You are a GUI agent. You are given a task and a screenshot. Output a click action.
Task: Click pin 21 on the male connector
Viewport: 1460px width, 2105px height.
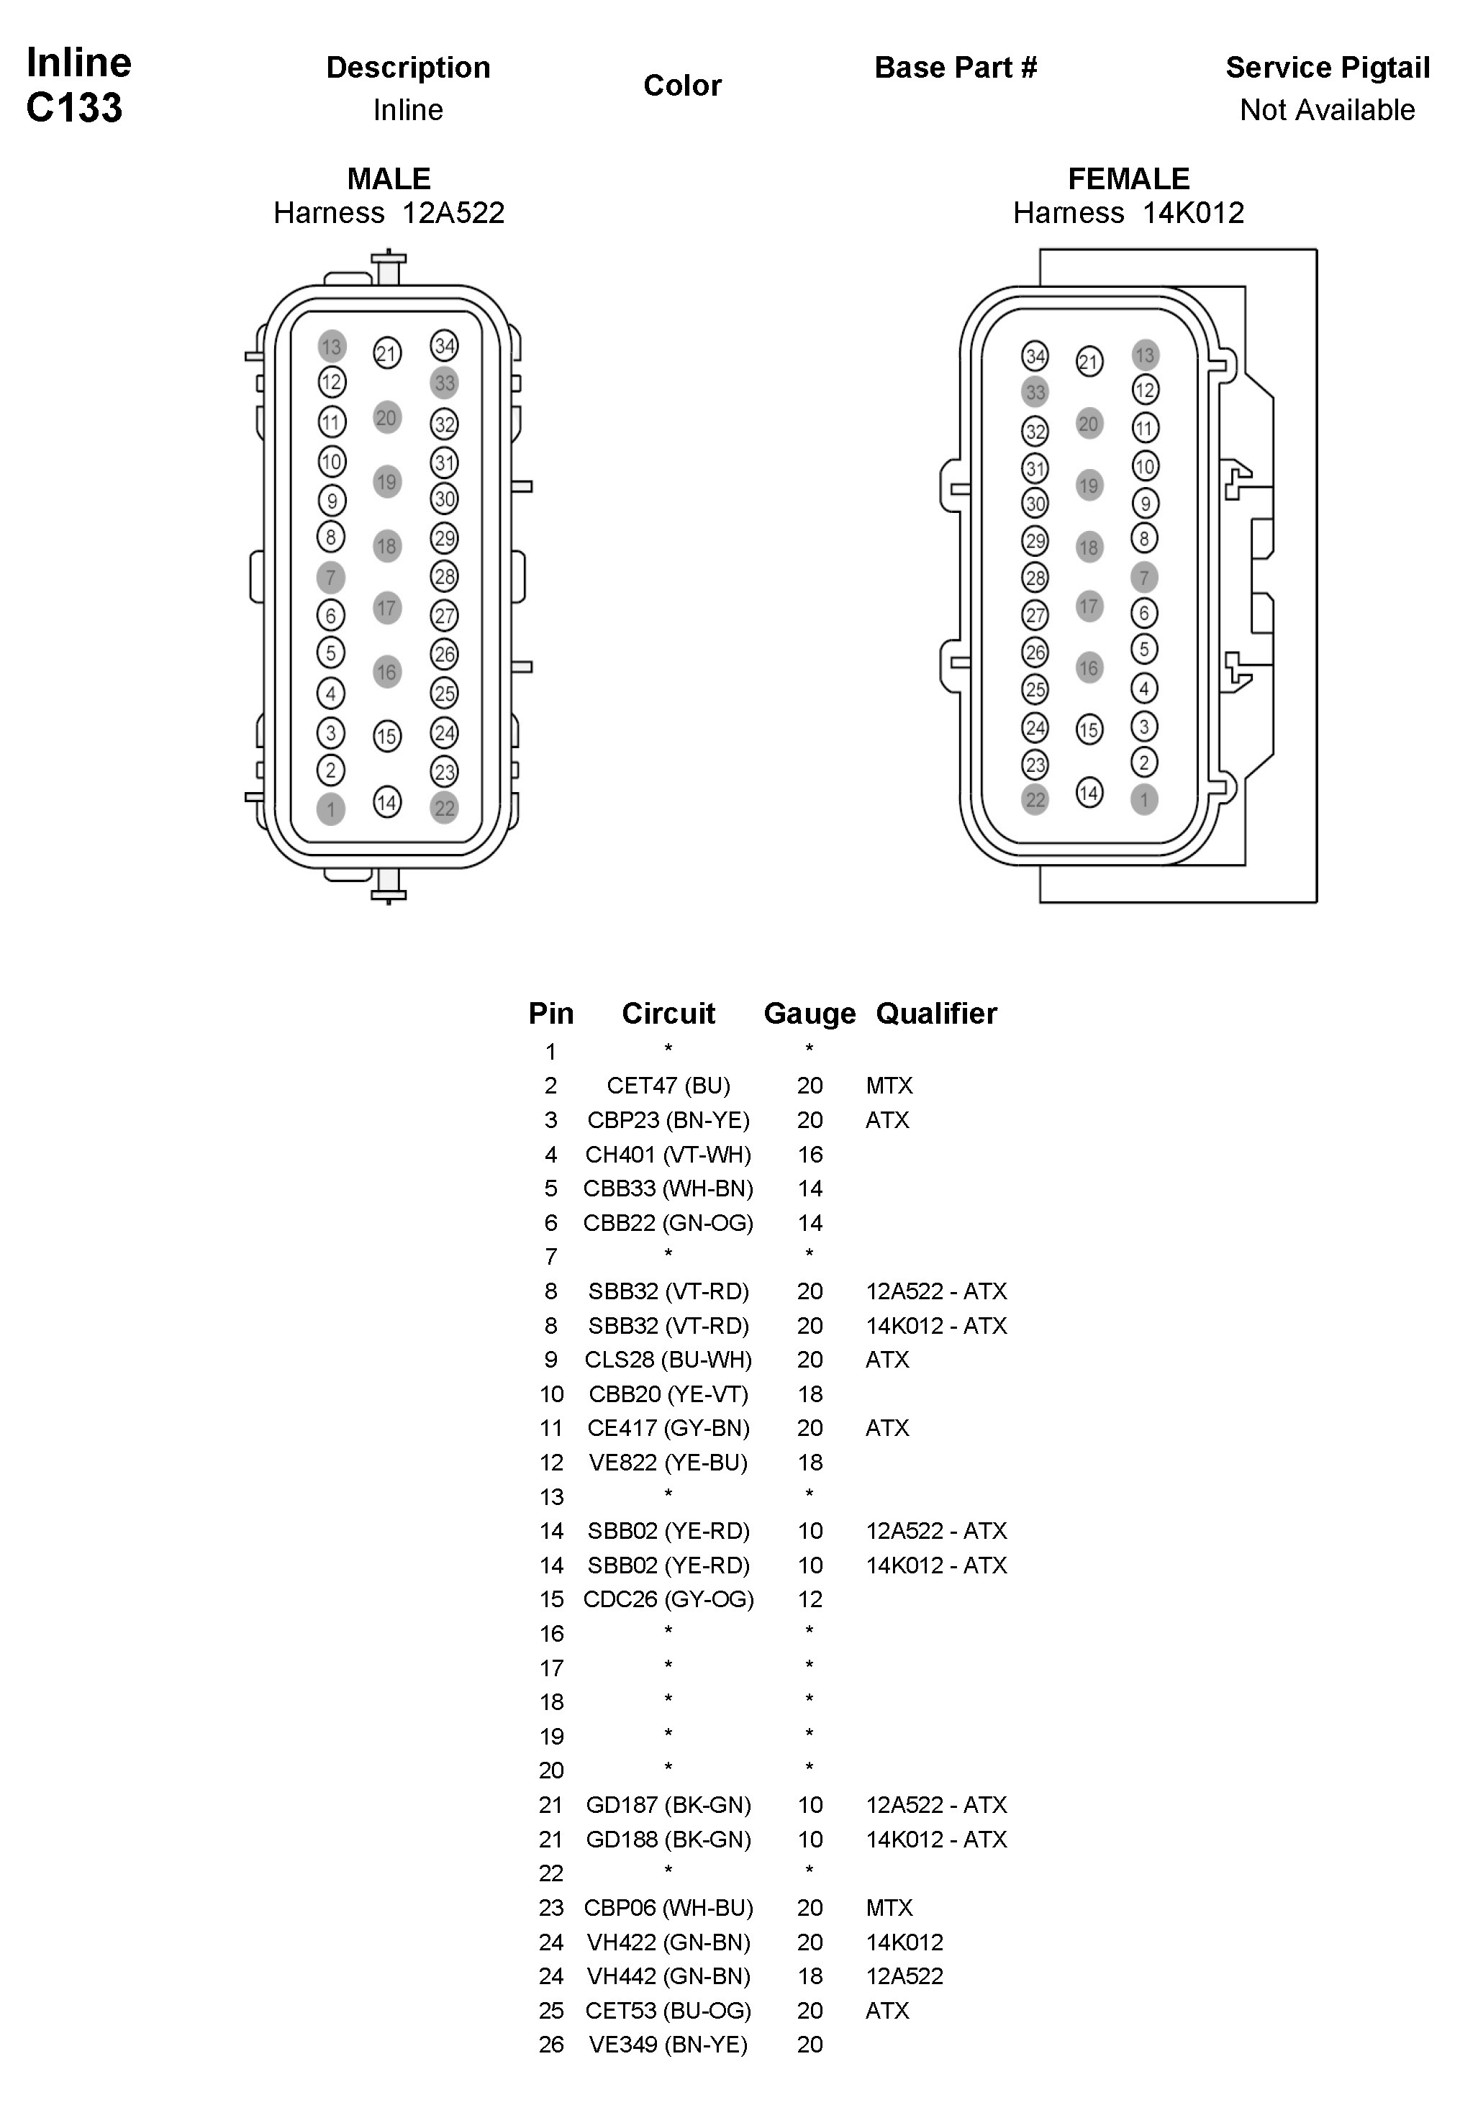click(387, 353)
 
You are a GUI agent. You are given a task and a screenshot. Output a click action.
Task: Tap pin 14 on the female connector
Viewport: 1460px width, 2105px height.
click(1089, 792)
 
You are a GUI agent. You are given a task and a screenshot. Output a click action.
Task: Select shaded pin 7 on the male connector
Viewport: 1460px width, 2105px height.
click(330, 577)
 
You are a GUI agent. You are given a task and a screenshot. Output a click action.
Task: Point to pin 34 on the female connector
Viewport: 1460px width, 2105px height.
click(1035, 355)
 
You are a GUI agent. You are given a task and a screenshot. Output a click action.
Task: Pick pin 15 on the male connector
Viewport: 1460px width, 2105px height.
click(387, 736)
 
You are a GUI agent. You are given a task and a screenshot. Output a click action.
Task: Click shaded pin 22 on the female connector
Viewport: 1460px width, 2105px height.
click(1035, 799)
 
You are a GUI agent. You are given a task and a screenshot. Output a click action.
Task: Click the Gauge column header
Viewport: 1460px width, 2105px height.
click(810, 1013)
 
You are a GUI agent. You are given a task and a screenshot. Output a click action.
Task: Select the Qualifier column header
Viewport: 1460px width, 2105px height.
click(936, 1013)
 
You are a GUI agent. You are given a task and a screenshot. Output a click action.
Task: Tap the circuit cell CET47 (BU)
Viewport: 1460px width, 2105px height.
click(668, 1086)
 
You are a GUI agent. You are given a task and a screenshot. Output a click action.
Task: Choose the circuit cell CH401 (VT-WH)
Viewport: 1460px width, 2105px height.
click(668, 1154)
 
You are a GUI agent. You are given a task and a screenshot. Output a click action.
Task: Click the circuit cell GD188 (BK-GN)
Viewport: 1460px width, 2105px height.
click(668, 1839)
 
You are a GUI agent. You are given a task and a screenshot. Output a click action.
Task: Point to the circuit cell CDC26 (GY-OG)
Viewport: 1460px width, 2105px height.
click(668, 1599)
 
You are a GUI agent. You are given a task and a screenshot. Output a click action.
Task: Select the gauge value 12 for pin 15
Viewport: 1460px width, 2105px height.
click(810, 1599)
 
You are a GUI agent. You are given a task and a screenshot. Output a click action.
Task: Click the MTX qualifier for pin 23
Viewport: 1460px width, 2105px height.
click(889, 1907)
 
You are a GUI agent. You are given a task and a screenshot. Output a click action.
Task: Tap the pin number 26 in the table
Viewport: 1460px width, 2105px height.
click(550, 2045)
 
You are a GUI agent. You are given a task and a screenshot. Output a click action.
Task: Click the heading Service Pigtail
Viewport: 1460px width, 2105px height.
click(1328, 68)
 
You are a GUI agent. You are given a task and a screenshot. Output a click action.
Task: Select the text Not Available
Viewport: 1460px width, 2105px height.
click(1328, 110)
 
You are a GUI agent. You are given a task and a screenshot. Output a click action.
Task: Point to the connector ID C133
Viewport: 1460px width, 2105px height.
click(74, 108)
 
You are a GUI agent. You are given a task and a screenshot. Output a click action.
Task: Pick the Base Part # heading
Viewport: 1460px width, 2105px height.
click(956, 68)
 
